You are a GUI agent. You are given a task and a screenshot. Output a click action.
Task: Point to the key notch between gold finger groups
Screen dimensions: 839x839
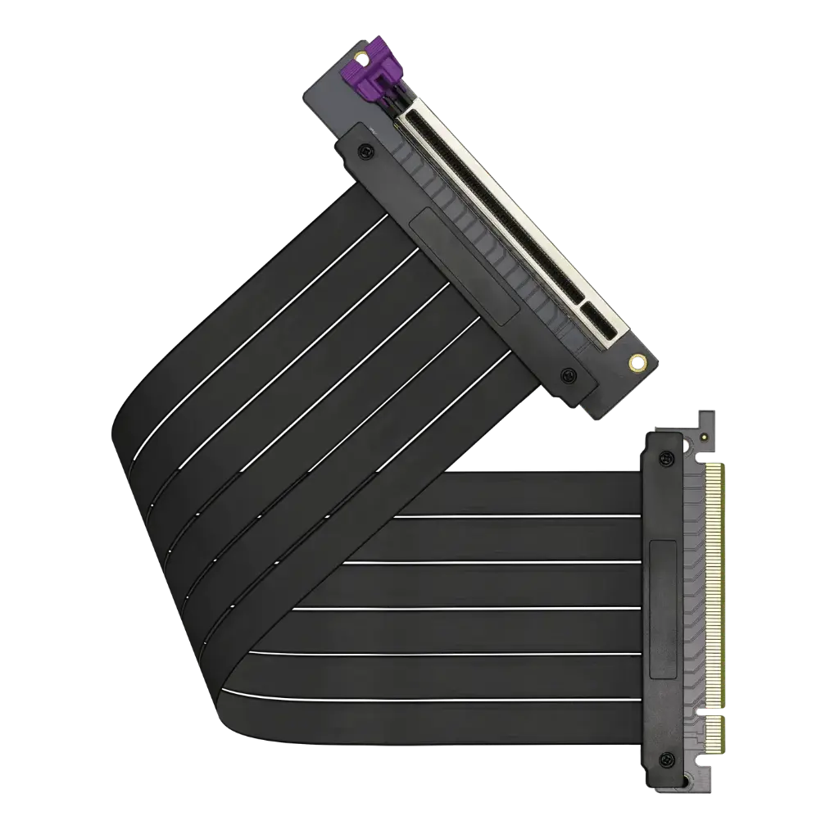(711, 710)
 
